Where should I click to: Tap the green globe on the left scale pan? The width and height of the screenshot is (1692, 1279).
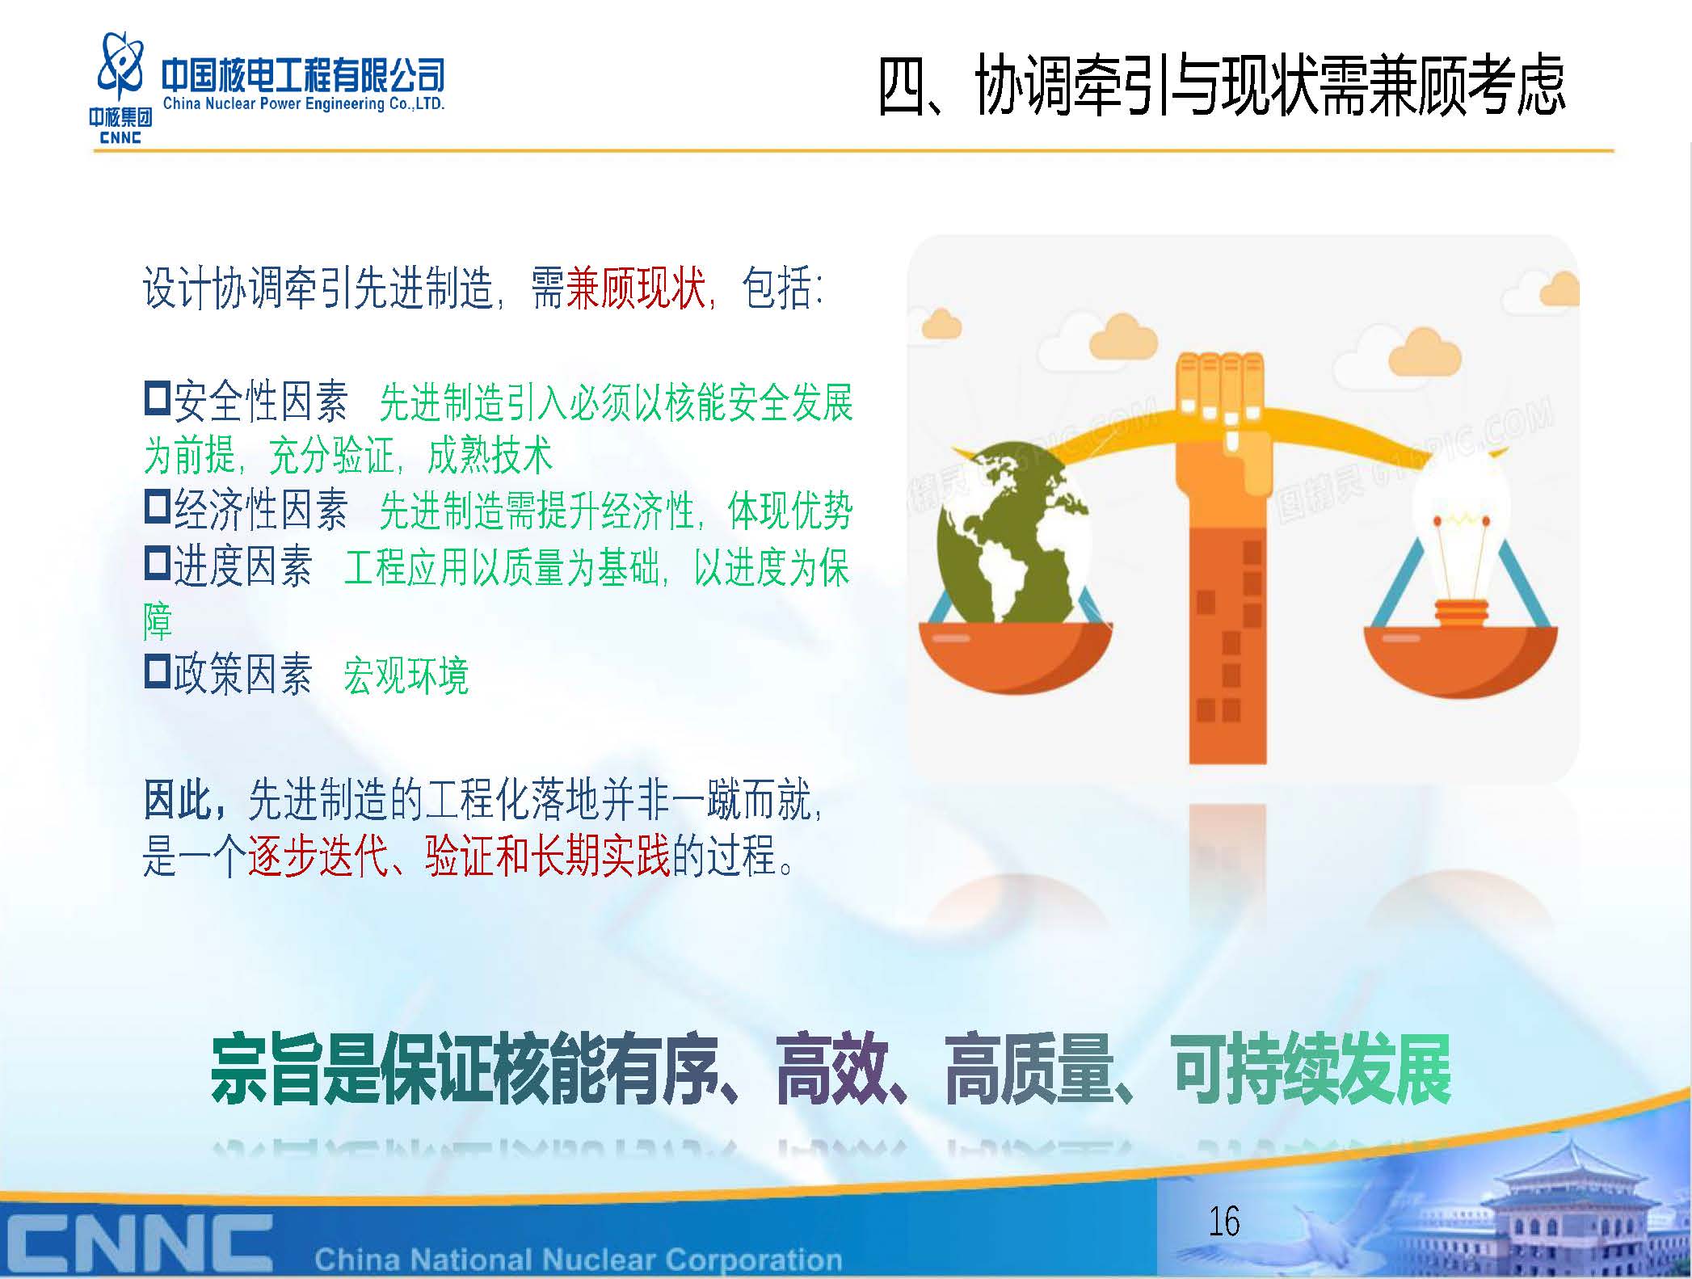1010,533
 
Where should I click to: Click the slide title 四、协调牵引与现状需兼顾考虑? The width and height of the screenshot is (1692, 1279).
1222,86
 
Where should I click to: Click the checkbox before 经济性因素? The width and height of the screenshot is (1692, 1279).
157,507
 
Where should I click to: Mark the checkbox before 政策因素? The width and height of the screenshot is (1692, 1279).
157,671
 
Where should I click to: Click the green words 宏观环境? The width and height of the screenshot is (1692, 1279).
406,675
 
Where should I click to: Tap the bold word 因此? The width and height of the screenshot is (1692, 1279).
179,800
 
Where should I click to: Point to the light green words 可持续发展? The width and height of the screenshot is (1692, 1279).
1312,1070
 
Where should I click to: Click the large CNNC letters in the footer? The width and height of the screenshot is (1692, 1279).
137,1239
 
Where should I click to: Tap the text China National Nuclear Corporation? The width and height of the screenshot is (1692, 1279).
579,1258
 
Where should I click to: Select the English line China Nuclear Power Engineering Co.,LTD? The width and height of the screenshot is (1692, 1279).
304,103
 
